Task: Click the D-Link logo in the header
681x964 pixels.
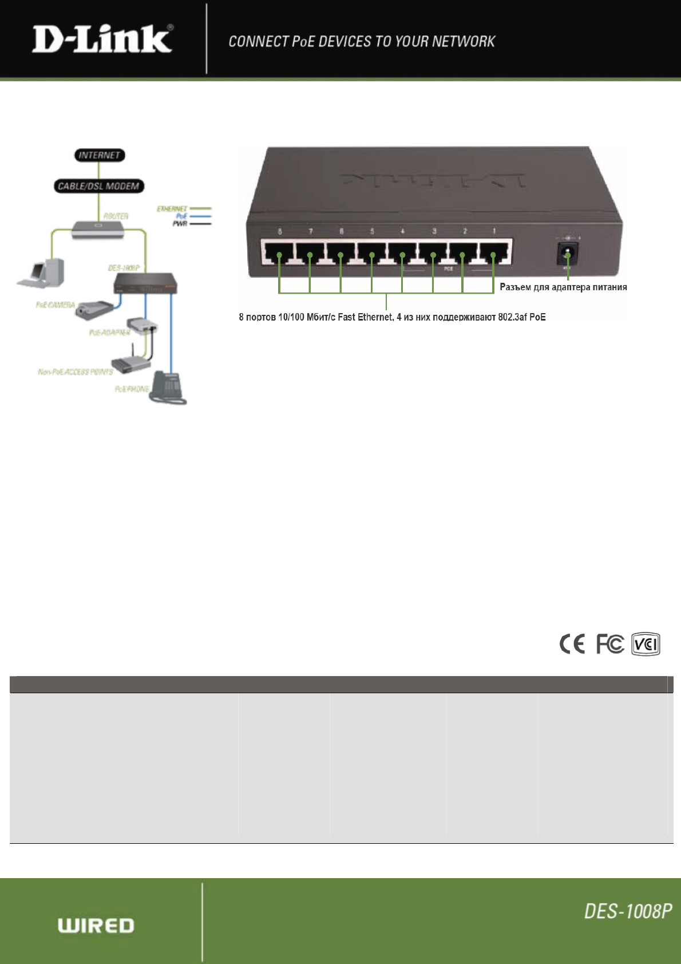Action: (102, 39)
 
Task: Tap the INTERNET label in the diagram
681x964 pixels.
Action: (100, 155)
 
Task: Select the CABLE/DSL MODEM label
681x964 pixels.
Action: (98, 186)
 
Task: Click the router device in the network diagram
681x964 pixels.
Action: (98, 229)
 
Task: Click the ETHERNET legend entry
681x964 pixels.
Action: (172, 208)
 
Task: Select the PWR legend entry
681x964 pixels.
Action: (180, 223)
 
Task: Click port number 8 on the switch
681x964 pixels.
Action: (278, 252)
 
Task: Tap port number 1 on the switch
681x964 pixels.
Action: (494, 252)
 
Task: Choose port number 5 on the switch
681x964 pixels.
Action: (371, 252)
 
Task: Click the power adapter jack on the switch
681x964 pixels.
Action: (567, 252)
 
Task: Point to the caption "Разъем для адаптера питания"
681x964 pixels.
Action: (563, 287)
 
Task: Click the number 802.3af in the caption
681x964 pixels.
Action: (512, 317)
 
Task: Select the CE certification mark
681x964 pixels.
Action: (572, 645)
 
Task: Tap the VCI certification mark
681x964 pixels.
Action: (646, 645)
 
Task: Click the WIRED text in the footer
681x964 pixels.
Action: (96, 926)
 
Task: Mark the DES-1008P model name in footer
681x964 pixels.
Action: (628, 911)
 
